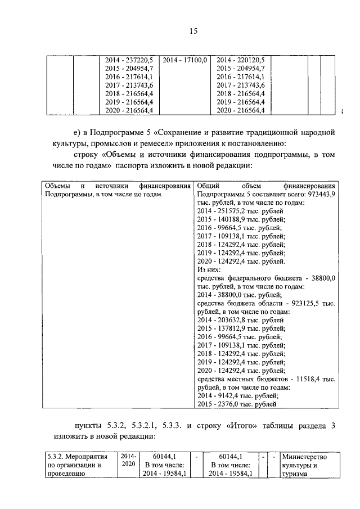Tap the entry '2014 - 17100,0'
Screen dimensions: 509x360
click(185, 60)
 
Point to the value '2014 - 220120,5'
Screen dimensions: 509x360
click(241, 60)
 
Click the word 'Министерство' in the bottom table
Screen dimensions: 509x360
click(305, 457)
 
